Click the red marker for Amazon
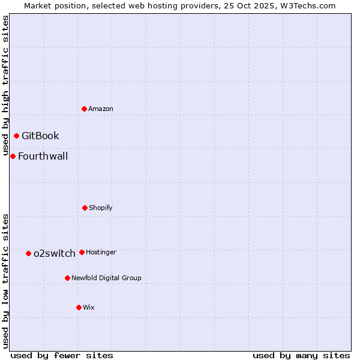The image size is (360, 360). coord(84,109)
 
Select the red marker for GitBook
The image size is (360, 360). coord(16,136)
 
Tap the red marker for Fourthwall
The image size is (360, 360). coord(13,156)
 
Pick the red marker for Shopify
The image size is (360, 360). coord(85,208)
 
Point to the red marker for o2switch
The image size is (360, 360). coord(28,253)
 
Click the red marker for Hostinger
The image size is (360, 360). coord(82,252)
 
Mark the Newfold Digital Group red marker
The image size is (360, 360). coord(67,278)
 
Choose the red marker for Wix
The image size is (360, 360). coord(79,307)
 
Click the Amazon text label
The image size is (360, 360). coord(101,109)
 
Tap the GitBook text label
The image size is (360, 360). coord(40,136)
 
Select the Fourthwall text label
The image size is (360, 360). coord(43,157)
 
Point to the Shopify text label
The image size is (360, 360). coord(101,208)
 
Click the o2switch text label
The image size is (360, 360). coord(55,253)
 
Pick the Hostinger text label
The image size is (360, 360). coord(101,252)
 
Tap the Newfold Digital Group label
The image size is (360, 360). coord(106,278)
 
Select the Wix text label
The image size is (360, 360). coord(89,307)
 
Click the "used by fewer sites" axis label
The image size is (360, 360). coord(62,355)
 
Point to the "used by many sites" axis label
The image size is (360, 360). coord(301,355)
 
